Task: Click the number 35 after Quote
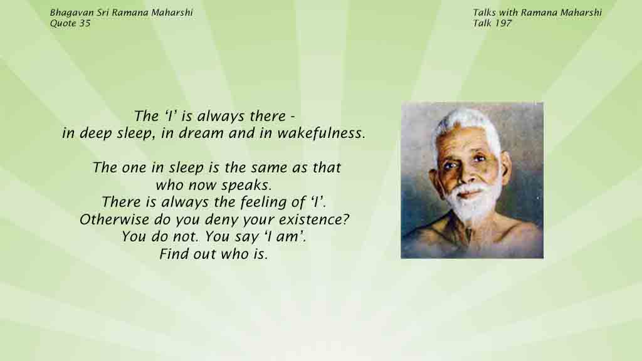85,23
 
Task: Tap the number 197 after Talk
503,23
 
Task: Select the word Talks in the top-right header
484,13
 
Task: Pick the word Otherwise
114,219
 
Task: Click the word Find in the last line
173,254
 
